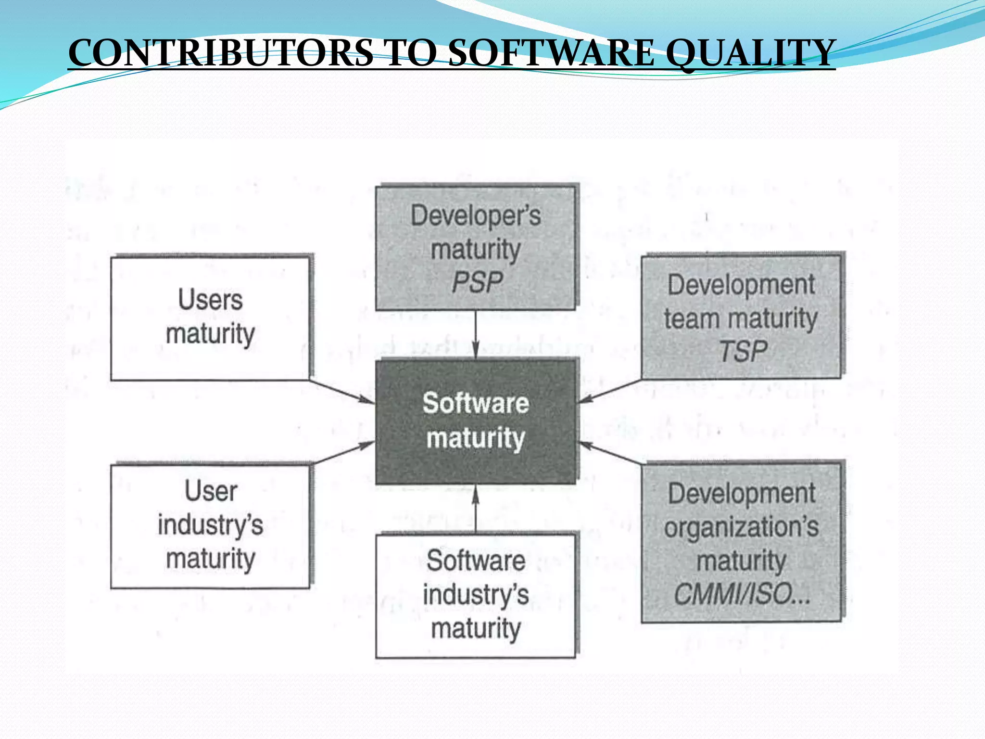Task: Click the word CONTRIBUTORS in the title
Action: [220, 53]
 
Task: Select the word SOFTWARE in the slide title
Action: [551, 53]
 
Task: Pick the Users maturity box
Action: [210, 318]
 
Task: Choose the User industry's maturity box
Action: [210, 526]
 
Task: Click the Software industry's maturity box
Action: [475, 596]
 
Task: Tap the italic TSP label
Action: [743, 351]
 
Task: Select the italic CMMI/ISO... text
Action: [742, 594]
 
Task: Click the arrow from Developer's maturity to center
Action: [475, 335]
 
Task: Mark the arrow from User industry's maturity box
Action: [342, 453]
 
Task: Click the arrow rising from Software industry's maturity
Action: [475, 509]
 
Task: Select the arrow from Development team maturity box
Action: [610, 391]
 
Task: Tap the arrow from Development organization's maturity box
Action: [610, 452]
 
